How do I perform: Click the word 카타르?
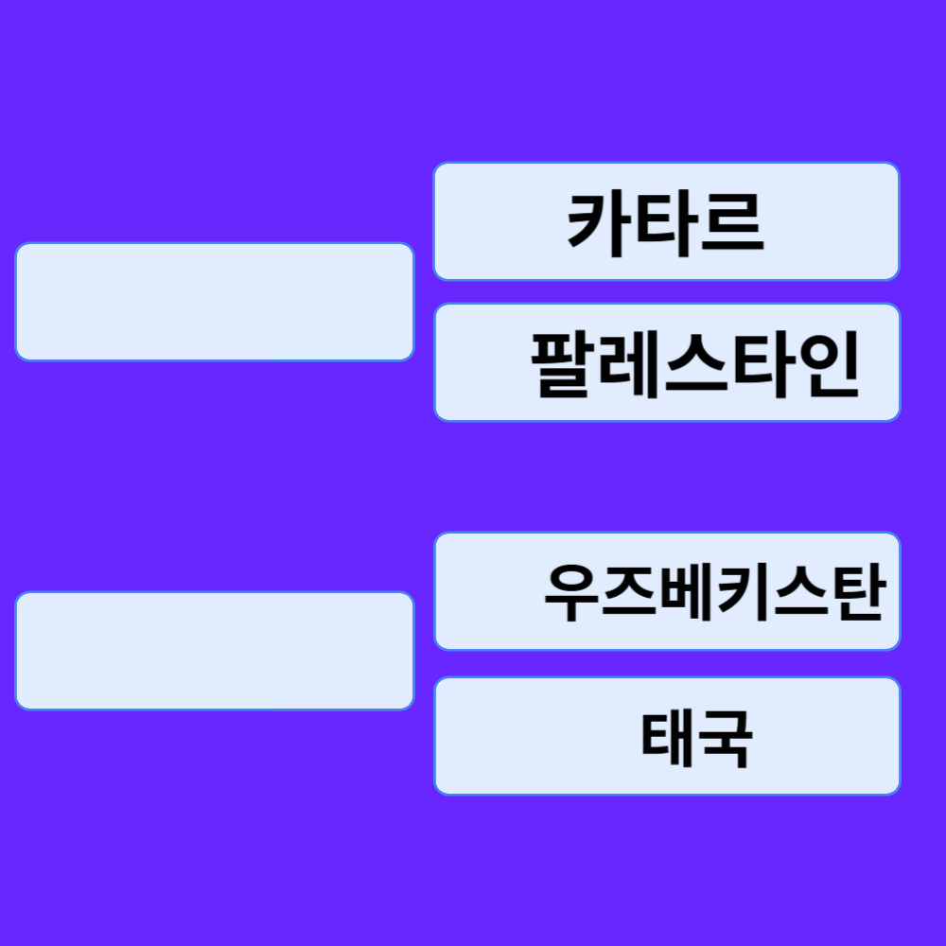665,223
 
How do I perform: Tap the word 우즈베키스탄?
713,593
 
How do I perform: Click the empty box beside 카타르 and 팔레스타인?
215,302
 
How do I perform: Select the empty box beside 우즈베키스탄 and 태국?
215,651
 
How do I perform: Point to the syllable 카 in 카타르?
599,223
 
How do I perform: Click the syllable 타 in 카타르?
665,223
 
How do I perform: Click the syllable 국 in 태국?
725,738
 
